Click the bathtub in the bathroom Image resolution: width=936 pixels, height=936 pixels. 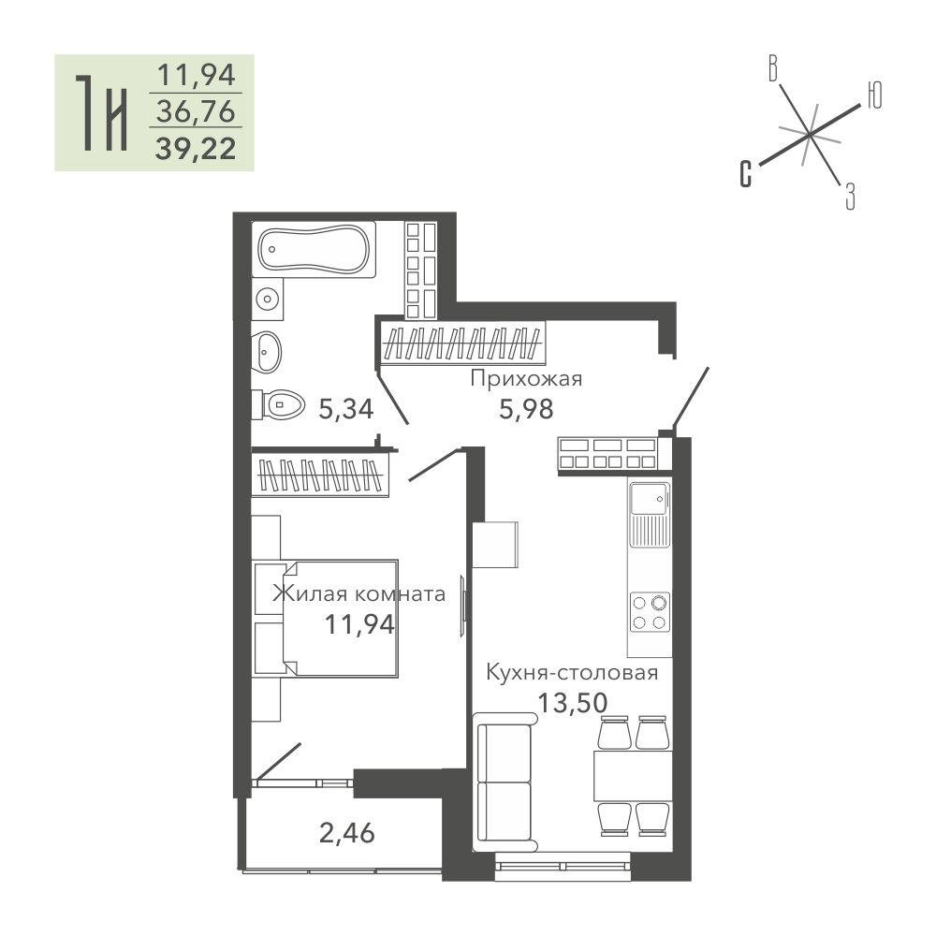pyautogui.click(x=314, y=250)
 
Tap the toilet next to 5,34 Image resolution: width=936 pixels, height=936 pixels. pyautogui.click(x=278, y=405)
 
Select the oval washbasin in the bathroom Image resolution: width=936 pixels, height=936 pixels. pyautogui.click(x=266, y=352)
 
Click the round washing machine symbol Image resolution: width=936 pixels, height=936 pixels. pyautogui.click(x=268, y=298)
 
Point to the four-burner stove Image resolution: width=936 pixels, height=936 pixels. pyautogui.click(x=650, y=612)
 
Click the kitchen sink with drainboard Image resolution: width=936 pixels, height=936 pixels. pyautogui.click(x=650, y=514)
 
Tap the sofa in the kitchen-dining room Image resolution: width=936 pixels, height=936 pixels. pyautogui.click(x=505, y=782)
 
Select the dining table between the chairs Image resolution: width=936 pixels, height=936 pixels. pyautogui.click(x=633, y=776)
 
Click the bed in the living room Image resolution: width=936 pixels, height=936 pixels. pyautogui.click(x=325, y=619)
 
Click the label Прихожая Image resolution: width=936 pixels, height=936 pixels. pyautogui.click(x=526, y=379)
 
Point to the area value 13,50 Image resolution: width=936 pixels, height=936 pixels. pyautogui.click(x=573, y=703)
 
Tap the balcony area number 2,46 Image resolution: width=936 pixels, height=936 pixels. pyautogui.click(x=347, y=833)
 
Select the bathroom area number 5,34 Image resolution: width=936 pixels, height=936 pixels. pyautogui.click(x=346, y=410)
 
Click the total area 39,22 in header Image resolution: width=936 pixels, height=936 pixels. pyautogui.click(x=196, y=149)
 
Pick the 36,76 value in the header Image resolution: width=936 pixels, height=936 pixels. pyautogui.click(x=196, y=111)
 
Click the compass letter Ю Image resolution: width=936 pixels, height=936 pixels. pyautogui.click(x=874, y=95)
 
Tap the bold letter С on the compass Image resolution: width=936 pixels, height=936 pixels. pyautogui.click(x=746, y=174)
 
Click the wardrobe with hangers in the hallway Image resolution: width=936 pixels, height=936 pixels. pyautogui.click(x=463, y=343)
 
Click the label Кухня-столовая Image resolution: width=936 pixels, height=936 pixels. pyautogui.click(x=572, y=673)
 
